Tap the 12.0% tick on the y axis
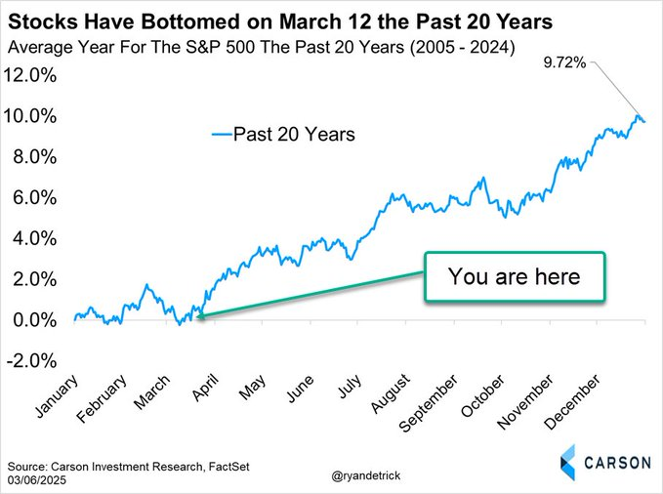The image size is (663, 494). [33, 75]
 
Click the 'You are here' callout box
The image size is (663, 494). [515, 276]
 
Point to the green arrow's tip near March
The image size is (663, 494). [197, 316]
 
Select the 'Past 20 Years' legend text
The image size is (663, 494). [294, 134]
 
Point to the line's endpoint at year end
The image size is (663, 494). [643, 121]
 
